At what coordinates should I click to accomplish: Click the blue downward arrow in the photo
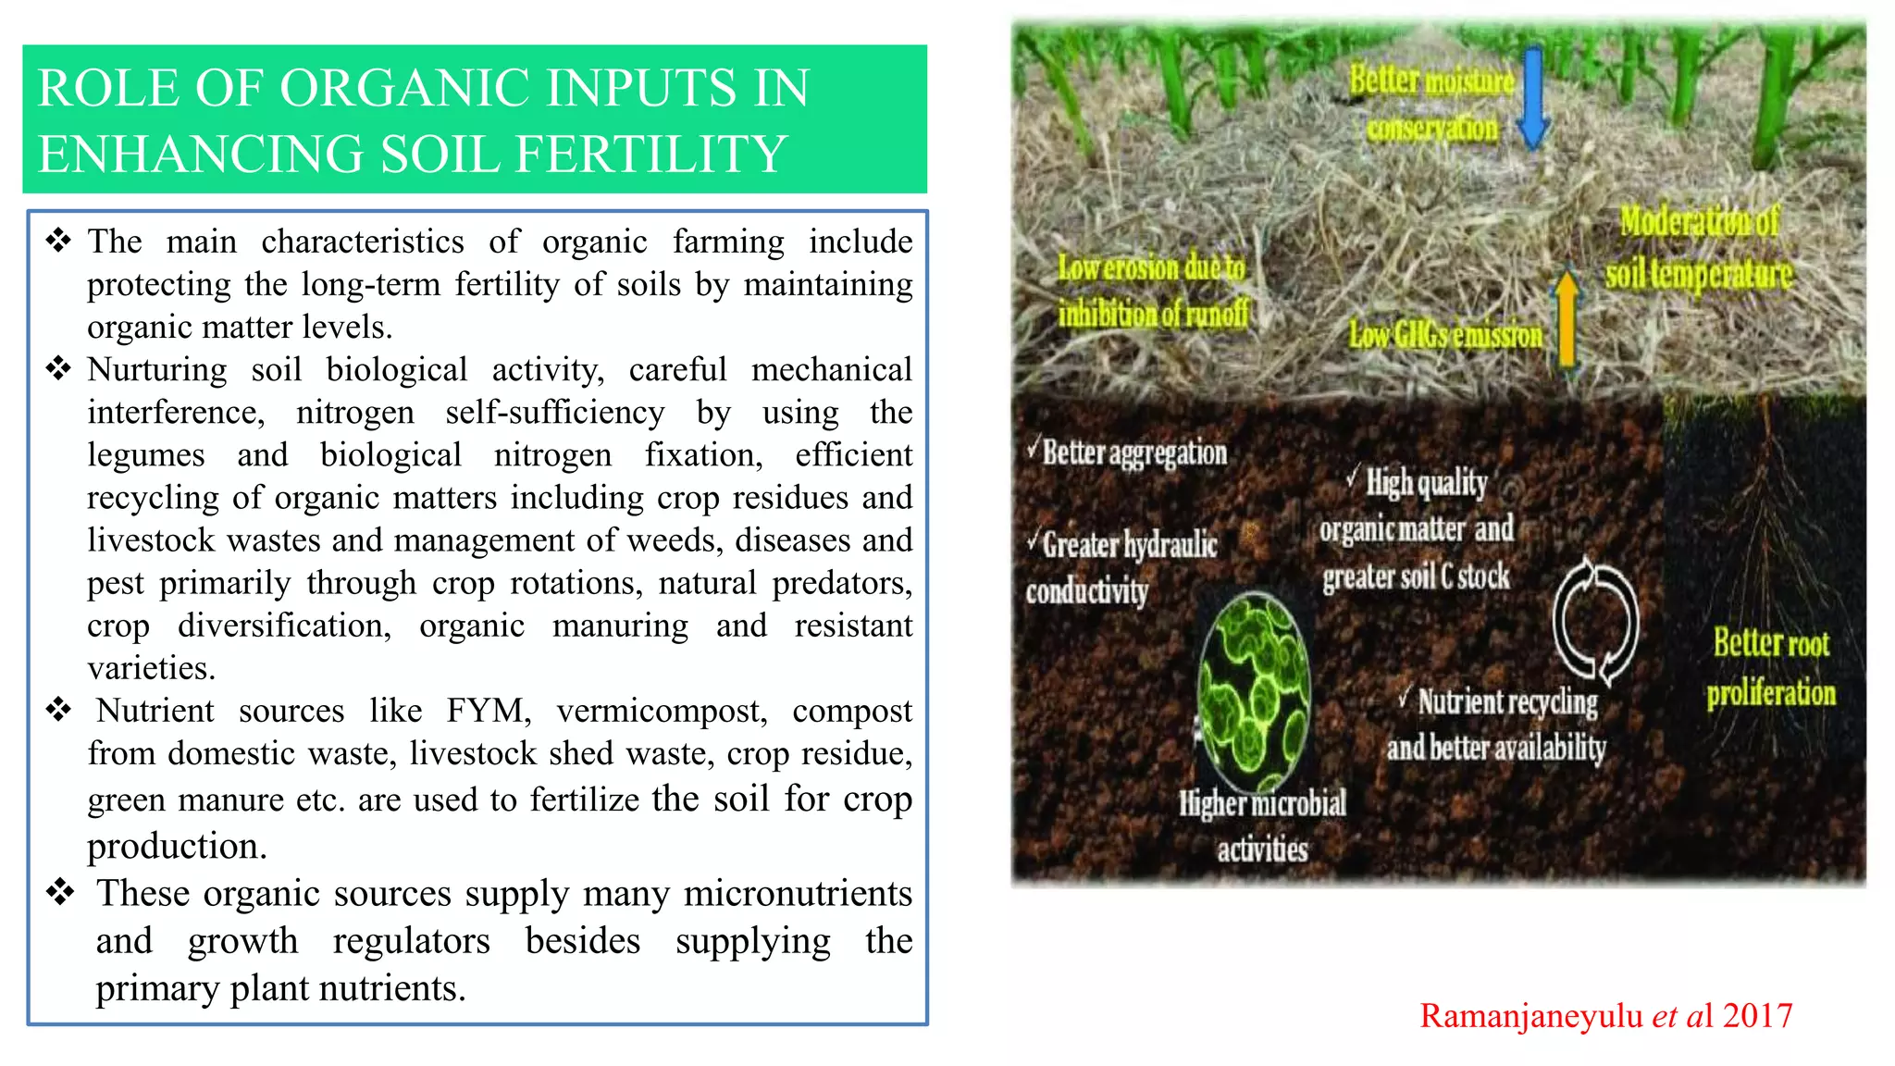1533,99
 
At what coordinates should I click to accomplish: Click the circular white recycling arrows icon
1594,621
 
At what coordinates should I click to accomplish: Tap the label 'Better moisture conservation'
1431,104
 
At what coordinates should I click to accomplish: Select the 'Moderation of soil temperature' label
1699,248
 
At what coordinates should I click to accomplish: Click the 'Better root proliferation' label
1771,667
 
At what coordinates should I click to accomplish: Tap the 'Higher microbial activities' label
1262,825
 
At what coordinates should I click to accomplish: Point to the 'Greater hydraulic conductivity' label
1121,567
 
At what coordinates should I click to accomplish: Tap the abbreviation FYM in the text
489,711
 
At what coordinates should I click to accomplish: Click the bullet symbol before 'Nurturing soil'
58,369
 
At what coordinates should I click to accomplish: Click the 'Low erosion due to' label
1152,268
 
